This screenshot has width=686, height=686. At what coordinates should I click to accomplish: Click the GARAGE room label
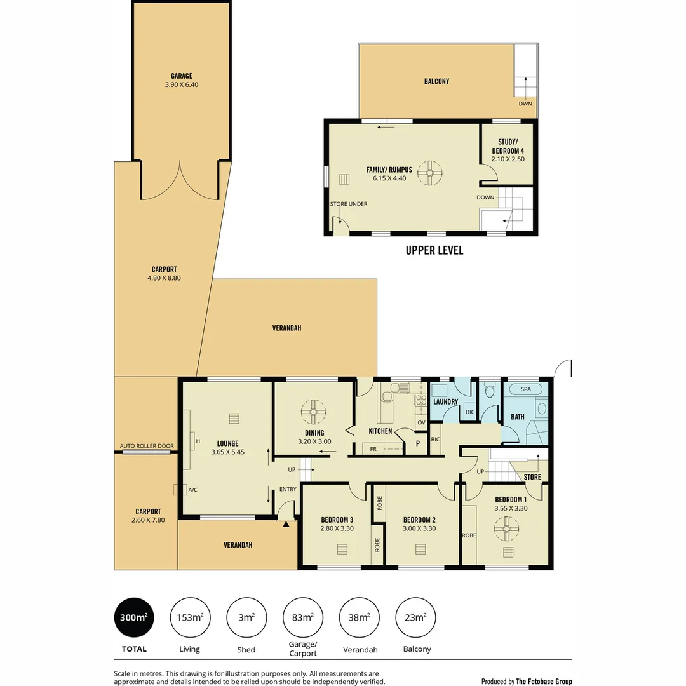click(181, 76)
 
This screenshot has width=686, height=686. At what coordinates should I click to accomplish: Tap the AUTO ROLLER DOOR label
click(147, 446)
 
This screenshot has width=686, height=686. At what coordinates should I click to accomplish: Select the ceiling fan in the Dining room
click(313, 412)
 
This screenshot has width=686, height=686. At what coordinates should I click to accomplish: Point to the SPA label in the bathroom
click(525, 389)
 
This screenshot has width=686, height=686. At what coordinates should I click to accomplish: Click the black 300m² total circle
click(134, 617)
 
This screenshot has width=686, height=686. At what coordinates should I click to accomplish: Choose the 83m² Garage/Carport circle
click(302, 617)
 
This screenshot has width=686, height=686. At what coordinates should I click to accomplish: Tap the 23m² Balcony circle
click(415, 617)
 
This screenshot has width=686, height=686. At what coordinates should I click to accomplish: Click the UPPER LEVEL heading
click(434, 250)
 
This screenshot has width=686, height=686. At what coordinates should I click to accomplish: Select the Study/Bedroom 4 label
click(508, 146)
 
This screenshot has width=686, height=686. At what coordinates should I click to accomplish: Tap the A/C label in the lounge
click(193, 490)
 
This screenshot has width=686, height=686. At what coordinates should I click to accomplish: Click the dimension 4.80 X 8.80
click(164, 278)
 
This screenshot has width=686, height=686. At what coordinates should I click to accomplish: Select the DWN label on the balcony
click(525, 104)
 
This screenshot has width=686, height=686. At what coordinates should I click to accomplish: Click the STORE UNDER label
click(349, 204)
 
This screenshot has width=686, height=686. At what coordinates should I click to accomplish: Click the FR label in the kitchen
click(373, 448)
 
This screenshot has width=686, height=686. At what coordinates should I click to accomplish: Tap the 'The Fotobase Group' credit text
click(544, 682)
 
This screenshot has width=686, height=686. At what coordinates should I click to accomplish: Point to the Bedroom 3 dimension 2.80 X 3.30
click(337, 528)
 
